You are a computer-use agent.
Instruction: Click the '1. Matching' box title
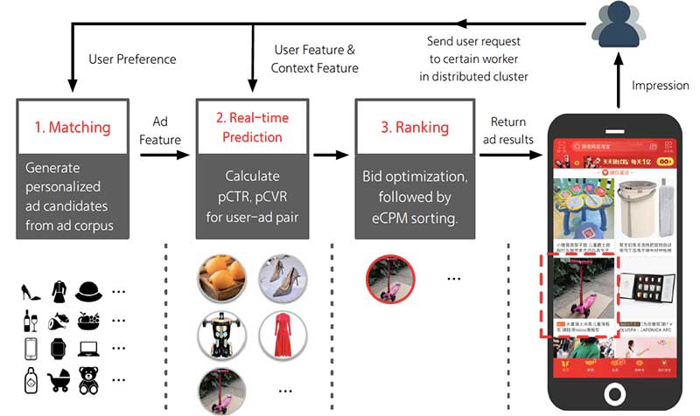point(72,128)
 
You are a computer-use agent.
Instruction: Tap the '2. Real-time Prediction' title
point(251,128)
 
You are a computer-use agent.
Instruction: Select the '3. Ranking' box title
point(414,128)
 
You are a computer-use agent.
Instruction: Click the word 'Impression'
point(660,86)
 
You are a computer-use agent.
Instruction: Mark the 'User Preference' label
point(132,59)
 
